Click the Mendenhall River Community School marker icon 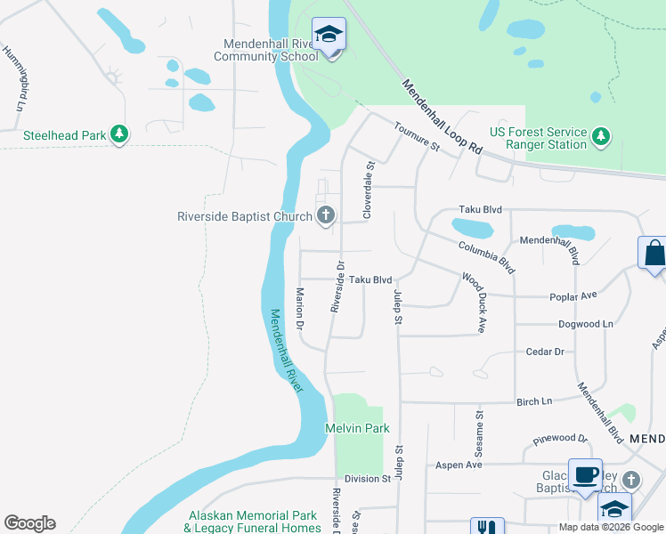click(x=329, y=35)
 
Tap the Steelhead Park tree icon click(x=119, y=135)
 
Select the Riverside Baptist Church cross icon click(x=326, y=214)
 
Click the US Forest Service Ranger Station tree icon click(x=603, y=135)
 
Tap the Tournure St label click(x=418, y=137)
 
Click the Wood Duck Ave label click(x=473, y=303)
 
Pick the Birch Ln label click(x=534, y=401)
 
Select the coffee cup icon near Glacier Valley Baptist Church click(x=585, y=475)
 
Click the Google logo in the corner click(x=29, y=523)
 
